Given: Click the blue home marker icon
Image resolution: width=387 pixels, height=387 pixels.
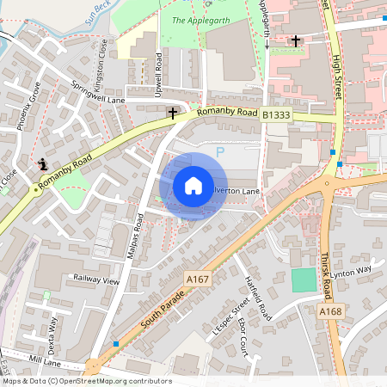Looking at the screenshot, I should click(x=193, y=186).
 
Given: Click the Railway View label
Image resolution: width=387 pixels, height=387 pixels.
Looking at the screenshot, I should click(x=96, y=279).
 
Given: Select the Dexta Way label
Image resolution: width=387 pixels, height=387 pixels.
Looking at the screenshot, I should click(x=53, y=332).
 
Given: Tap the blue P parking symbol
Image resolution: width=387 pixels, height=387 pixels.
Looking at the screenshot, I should click(x=219, y=152).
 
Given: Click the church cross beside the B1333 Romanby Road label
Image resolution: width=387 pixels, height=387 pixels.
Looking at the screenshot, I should click(x=172, y=113).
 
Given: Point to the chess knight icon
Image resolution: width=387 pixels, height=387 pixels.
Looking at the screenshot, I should click(x=41, y=162).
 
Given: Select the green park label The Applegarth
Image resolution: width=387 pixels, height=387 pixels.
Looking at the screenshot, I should click(x=191, y=19).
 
